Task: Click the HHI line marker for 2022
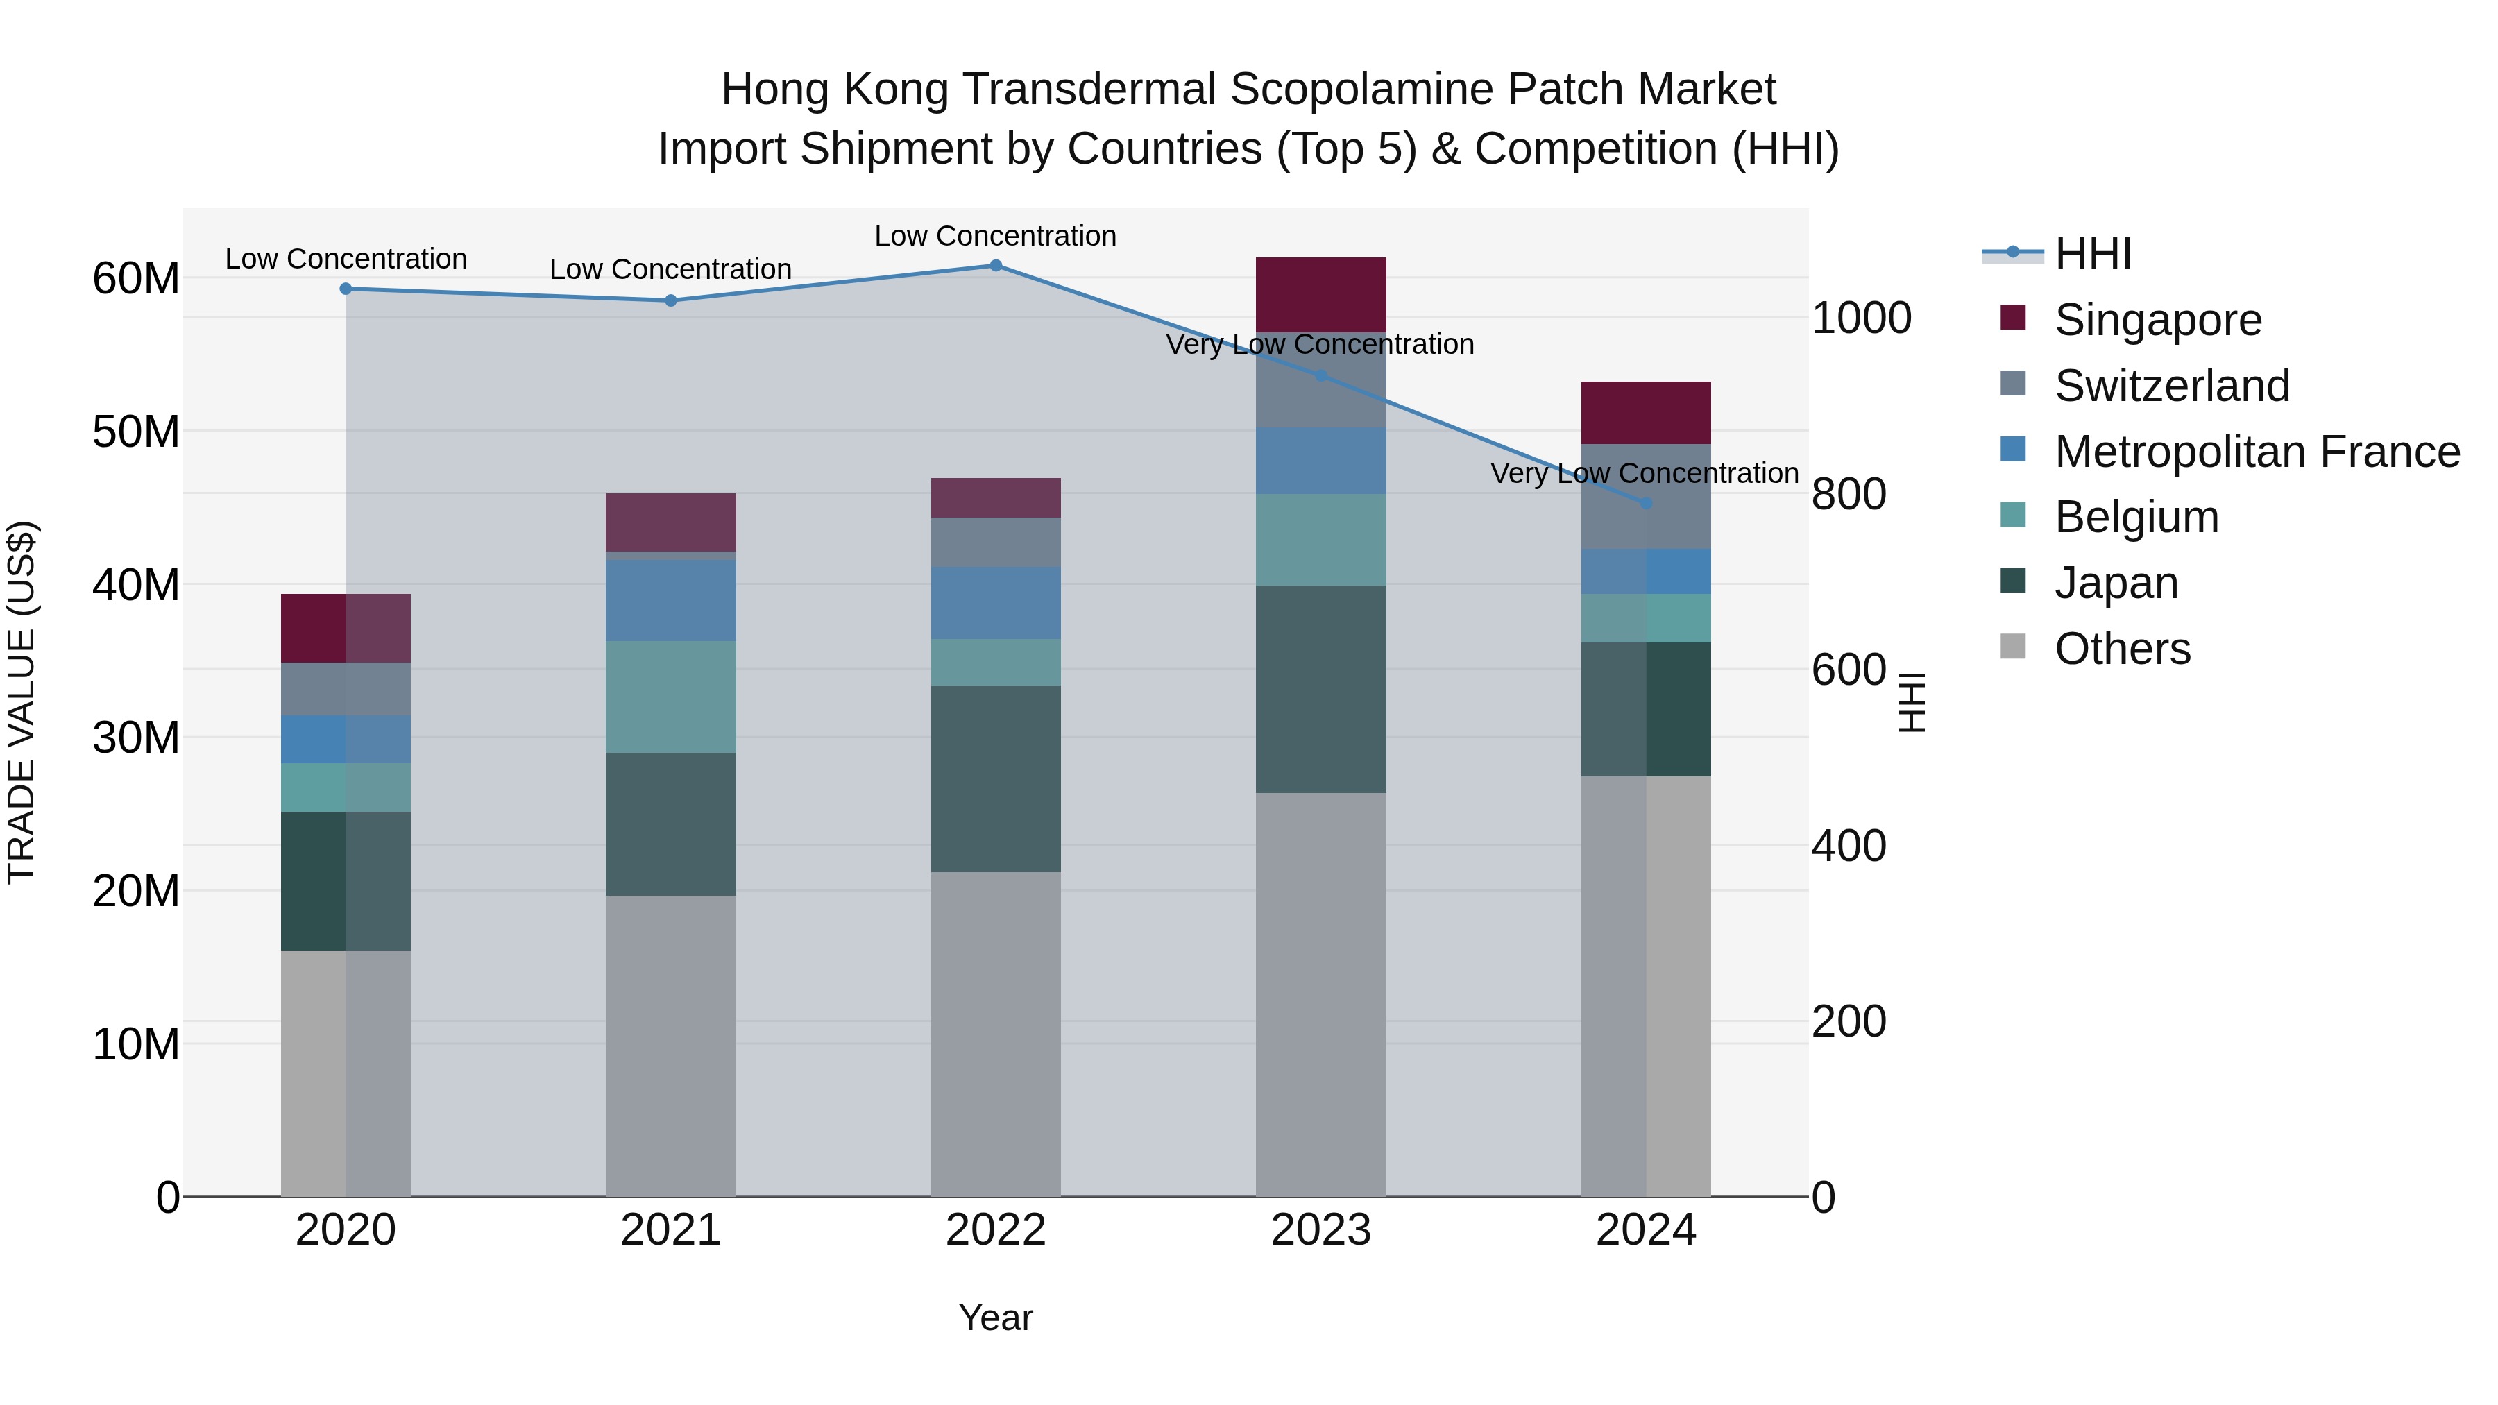coord(995,265)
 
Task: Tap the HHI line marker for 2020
coord(346,288)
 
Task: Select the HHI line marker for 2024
coord(1646,503)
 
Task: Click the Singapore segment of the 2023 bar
coord(1320,295)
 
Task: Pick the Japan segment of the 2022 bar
coord(995,778)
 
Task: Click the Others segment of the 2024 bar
coord(1646,985)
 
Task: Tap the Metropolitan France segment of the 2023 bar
coord(1320,461)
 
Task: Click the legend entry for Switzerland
coord(2171,386)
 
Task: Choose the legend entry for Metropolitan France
coord(2257,452)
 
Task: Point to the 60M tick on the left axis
coord(136,279)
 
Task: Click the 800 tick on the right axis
coord(1849,495)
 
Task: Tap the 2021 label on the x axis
coord(670,1230)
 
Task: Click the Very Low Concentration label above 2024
coord(1644,473)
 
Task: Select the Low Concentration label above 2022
coord(995,236)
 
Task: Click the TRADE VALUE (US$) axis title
coord(22,702)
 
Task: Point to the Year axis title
coord(995,1318)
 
